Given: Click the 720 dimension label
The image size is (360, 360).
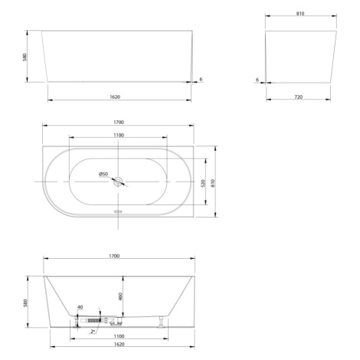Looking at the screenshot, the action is click(298, 97).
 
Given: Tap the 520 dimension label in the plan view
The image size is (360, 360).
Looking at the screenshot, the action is click(203, 183).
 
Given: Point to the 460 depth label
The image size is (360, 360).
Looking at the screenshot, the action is click(120, 296).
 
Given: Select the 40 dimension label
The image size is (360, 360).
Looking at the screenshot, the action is click(80, 307).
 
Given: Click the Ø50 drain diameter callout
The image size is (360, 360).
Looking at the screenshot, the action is click(103, 174).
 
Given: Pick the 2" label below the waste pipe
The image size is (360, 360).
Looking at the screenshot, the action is click(93, 332).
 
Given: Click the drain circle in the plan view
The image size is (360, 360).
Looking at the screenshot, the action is click(118, 182).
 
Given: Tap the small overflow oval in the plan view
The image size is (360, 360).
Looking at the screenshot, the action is click(118, 211).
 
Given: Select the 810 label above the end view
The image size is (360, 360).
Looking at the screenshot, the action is click(300, 13).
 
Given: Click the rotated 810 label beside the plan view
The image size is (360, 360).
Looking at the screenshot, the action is click(213, 183).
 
